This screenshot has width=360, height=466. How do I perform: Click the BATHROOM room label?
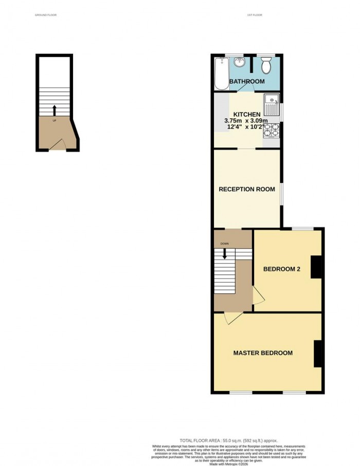coord(247,82)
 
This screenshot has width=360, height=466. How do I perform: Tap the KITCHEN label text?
coord(247,114)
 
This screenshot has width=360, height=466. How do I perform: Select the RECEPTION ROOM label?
coord(244,189)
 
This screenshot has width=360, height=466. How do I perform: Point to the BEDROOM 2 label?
coord(281,269)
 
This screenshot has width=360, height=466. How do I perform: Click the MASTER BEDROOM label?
coord(263,353)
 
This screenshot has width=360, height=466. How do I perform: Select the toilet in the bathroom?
coord(266,66)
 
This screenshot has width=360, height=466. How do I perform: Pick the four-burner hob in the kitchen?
coord(271,132)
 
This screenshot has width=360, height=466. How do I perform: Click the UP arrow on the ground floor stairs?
coord(55,110)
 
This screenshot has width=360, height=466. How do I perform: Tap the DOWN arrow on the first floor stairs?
coord(224,253)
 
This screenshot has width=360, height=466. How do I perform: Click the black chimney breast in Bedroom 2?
coord(316,267)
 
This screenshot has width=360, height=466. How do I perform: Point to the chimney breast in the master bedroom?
coord(318,353)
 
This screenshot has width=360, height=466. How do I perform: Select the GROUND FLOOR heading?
coord(46,15)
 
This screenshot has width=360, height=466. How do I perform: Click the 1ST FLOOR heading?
coord(255,15)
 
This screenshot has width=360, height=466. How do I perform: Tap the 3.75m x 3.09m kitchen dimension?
coord(245,121)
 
